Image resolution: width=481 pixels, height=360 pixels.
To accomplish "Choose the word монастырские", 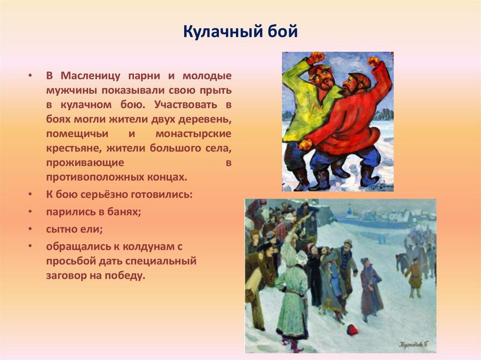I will coord(193,134).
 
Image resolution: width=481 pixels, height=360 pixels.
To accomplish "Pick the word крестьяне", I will coord(71,148).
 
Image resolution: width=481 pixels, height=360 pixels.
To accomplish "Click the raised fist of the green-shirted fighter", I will coord(316,58).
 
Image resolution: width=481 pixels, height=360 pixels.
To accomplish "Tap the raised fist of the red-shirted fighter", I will coord(373,61).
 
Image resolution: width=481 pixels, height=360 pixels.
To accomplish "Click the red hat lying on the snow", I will coord(352,330).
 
